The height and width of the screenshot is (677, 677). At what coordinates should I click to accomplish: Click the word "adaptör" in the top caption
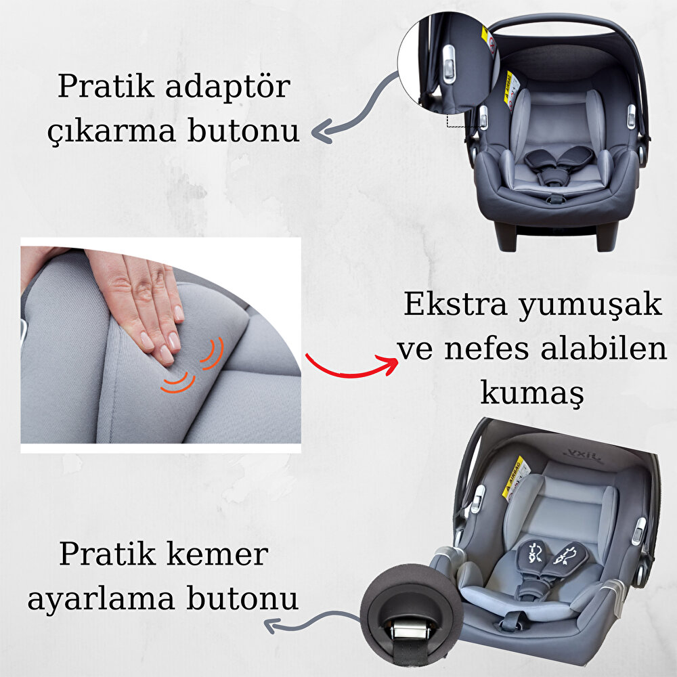click(228, 87)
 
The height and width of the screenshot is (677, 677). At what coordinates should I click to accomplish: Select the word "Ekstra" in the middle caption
click(455, 304)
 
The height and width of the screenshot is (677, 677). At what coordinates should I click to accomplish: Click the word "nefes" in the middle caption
click(487, 349)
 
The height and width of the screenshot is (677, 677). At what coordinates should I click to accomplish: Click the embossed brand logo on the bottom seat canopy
click(584, 456)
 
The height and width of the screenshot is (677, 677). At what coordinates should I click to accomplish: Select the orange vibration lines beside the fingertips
click(192, 366)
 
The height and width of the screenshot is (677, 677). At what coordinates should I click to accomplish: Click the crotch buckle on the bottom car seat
click(510, 621)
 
